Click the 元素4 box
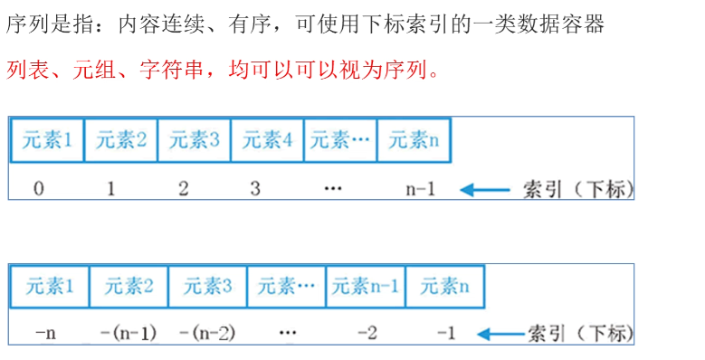pos(267,140)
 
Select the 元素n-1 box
pos(366,287)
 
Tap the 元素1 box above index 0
pos(47,140)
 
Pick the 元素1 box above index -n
pos(50,287)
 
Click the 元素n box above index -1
pos(444,287)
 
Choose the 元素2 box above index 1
pos(121,140)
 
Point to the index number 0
pos(39,188)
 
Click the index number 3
pos(255,188)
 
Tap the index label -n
pos(45,333)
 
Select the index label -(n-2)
pos(207,333)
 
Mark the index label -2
pos(367,333)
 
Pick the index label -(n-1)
pos(129,333)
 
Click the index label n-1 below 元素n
pos(421,189)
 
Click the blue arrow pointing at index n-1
pos(485,190)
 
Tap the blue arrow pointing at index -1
pos(501,334)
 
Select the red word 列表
pos(27,71)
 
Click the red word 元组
pos(93,71)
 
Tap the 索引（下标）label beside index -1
pos(580,334)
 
